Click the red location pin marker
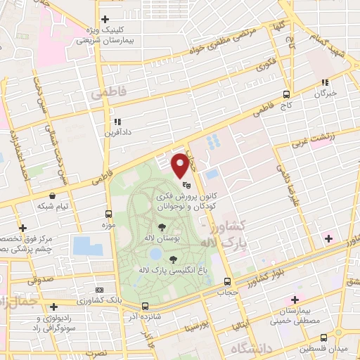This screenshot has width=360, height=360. (181, 164)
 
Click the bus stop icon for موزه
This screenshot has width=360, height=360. (108, 213)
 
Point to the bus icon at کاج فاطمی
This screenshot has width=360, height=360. (286, 94)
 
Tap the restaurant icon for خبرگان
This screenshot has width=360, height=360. (325, 82)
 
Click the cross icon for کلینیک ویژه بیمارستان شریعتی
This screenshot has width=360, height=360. (105, 19)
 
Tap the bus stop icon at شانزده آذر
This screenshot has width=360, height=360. (145, 307)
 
